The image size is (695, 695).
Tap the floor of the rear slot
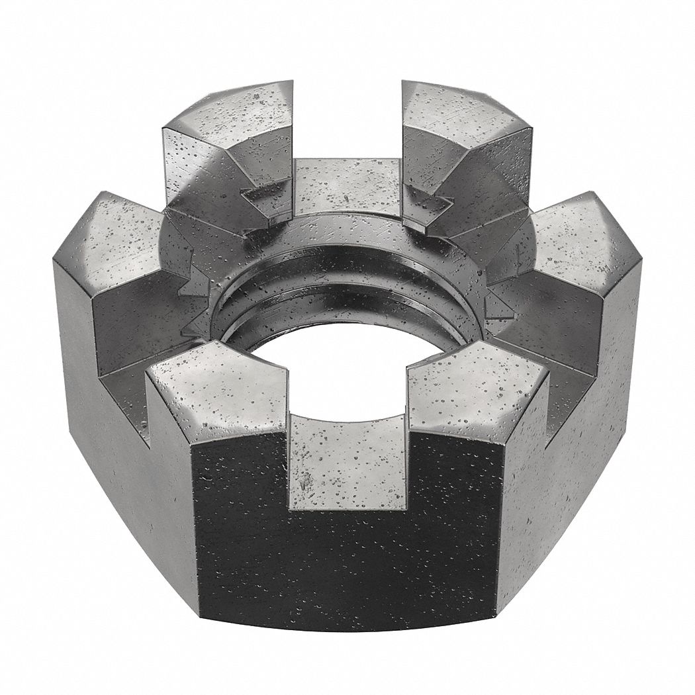pyautogui.click(x=347, y=185)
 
